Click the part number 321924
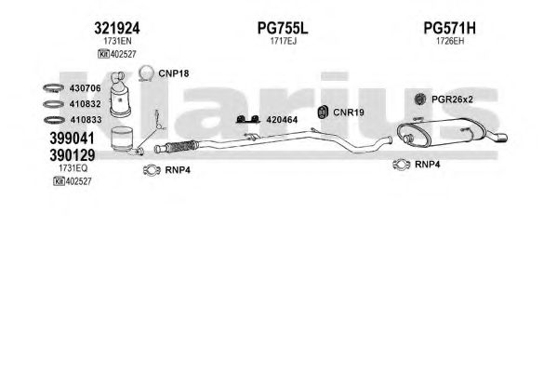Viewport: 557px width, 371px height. click(x=117, y=28)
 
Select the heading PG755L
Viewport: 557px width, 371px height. click(x=283, y=28)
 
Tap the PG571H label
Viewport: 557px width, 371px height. click(x=449, y=28)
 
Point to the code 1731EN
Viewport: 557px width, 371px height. click(x=117, y=41)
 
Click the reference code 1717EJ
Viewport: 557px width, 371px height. click(x=283, y=41)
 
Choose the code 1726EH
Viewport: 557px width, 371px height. click(x=450, y=41)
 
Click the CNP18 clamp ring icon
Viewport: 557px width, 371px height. click(x=146, y=68)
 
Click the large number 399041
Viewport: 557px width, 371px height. click(x=73, y=138)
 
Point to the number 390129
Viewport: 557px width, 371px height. click(x=73, y=155)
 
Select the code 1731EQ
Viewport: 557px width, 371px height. click(x=73, y=168)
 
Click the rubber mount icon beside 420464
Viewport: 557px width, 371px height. click(x=248, y=120)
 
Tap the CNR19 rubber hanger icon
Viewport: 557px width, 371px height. click(x=323, y=113)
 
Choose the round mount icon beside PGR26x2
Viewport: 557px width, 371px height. click(x=420, y=99)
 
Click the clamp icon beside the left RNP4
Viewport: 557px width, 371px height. click(x=153, y=170)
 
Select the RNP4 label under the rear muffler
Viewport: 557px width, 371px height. click(x=428, y=165)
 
